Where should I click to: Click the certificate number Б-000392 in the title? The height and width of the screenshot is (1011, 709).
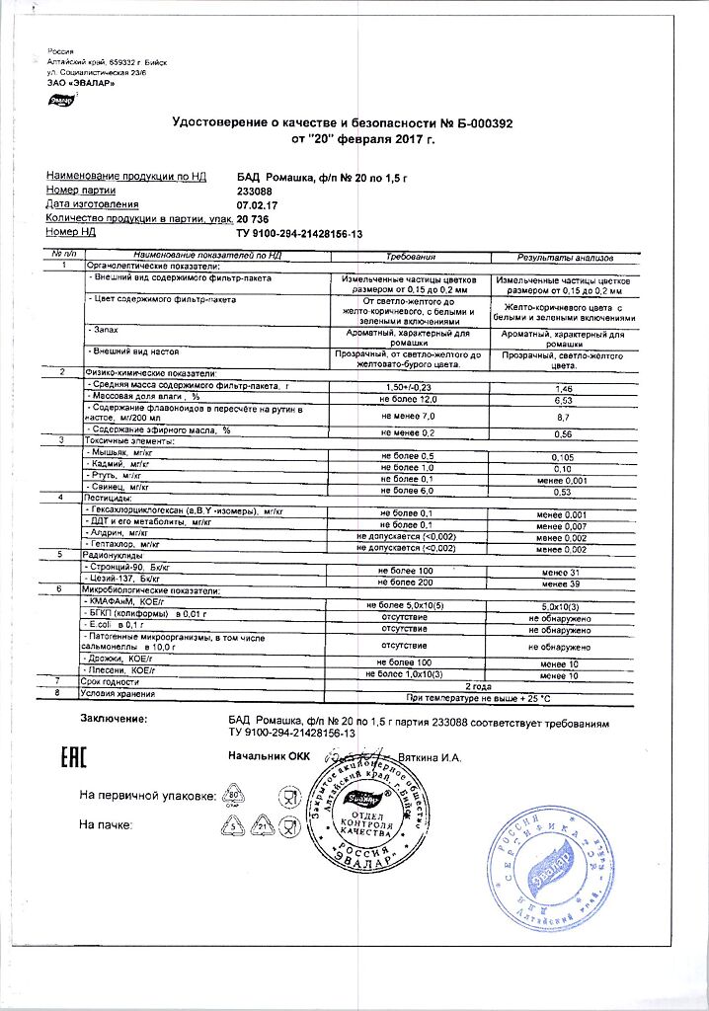(477, 122)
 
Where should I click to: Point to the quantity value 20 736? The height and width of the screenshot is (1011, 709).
(253, 218)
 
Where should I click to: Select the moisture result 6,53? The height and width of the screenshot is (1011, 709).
(564, 402)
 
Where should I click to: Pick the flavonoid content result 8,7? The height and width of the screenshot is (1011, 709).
(564, 419)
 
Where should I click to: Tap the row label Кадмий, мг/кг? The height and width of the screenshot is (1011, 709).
(119, 465)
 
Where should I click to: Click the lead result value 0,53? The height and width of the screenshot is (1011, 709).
(564, 491)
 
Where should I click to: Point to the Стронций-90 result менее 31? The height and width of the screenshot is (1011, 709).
(564, 574)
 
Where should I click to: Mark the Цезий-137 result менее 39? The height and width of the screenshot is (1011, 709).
(564, 585)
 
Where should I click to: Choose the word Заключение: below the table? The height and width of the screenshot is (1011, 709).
(114, 718)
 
